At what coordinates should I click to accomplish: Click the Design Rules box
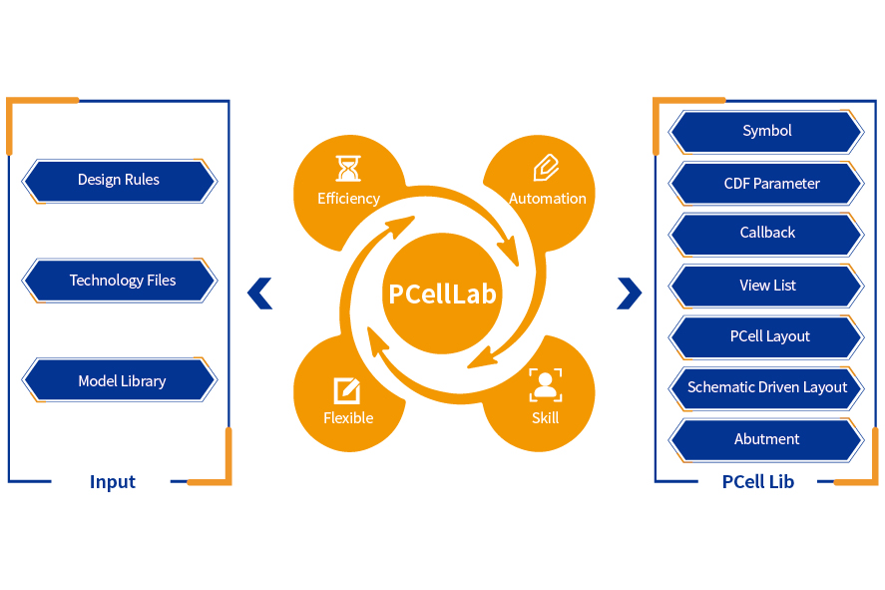[x=119, y=181]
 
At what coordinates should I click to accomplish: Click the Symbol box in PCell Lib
[x=766, y=132]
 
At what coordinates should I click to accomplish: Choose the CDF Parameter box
[x=766, y=184]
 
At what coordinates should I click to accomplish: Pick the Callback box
[x=766, y=234]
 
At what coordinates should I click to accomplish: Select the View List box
[x=766, y=286]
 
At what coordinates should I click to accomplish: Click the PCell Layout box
[x=766, y=337]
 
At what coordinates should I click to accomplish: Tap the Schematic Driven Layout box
[x=766, y=387]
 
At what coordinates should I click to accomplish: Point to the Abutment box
[x=766, y=439]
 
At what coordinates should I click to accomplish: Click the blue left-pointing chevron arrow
[x=259, y=293]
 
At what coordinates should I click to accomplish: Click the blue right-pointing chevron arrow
[x=629, y=293]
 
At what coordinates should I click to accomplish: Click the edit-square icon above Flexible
[x=347, y=389]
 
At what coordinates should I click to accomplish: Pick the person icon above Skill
[x=545, y=385]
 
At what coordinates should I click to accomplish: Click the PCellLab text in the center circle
[x=442, y=295]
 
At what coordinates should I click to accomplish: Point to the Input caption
[x=113, y=482]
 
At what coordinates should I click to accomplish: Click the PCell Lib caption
[x=757, y=482]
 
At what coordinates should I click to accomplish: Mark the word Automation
[x=548, y=199]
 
